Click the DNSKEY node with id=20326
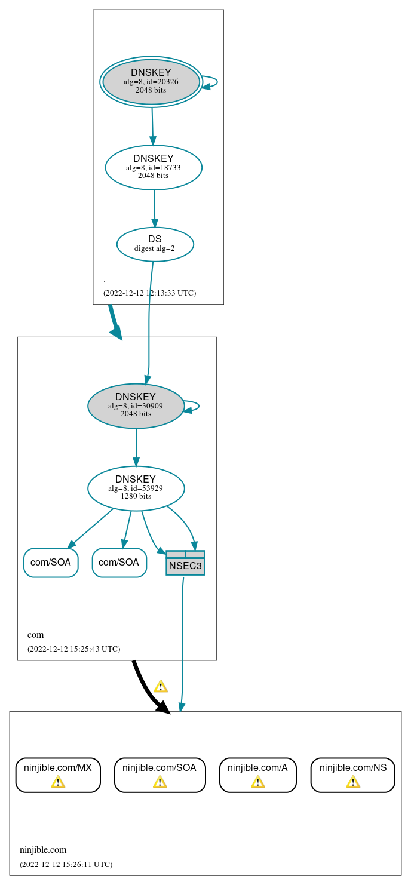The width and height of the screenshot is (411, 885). point(151,82)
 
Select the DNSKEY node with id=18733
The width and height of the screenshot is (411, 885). point(154,168)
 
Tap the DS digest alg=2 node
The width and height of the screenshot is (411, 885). point(155,244)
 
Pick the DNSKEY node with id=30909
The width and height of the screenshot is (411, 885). point(136,406)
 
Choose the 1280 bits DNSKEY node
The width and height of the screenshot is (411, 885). point(136,488)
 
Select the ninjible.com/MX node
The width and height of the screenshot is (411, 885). point(58,775)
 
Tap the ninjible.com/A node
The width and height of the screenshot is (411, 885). point(257,775)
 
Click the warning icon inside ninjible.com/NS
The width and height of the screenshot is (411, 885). point(352,782)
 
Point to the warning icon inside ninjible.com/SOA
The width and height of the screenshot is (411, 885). point(160,782)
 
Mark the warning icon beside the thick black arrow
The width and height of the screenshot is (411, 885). point(160,686)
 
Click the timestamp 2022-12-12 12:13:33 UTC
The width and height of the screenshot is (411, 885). point(149,293)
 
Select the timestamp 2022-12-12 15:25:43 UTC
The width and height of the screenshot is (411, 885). point(73,649)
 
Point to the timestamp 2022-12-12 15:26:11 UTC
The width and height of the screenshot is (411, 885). point(66,864)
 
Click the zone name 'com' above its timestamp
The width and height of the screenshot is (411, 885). point(35,635)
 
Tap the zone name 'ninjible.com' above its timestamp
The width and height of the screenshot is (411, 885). point(43,850)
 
